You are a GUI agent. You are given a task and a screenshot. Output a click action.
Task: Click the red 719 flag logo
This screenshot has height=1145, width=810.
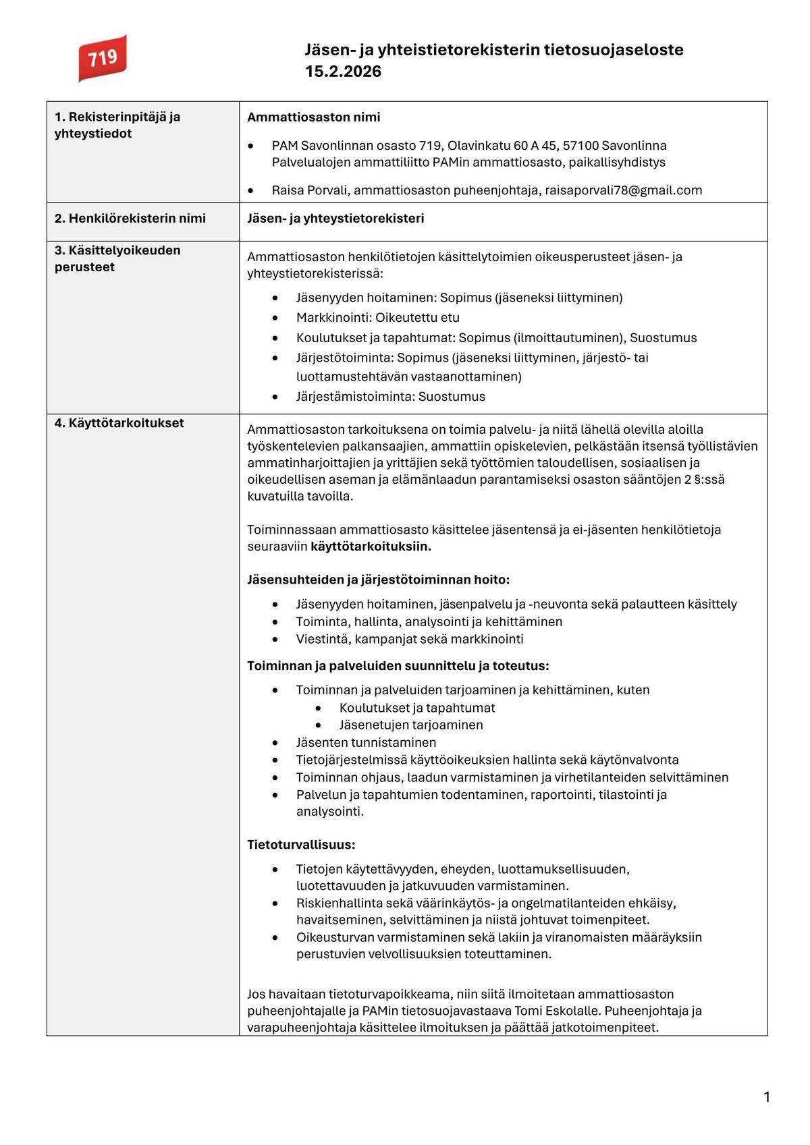coord(102,58)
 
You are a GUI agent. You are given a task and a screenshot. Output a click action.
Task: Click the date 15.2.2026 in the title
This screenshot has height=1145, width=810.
coord(343,72)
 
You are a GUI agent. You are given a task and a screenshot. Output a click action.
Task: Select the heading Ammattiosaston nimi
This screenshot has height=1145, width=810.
coord(313,117)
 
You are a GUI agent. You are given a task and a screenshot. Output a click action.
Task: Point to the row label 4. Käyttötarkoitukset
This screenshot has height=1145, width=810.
coord(119,423)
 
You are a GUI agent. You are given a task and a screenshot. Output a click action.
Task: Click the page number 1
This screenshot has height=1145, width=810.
coord(766,1098)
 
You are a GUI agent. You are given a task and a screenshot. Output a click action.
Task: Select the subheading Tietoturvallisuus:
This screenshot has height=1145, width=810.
coord(301,845)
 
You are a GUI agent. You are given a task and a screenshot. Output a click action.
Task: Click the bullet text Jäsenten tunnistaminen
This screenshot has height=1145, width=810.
coord(366,742)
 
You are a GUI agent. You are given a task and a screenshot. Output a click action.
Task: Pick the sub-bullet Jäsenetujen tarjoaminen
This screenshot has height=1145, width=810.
coord(411,725)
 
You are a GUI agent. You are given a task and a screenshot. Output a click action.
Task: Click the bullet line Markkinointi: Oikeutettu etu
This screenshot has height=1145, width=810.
coord(377,317)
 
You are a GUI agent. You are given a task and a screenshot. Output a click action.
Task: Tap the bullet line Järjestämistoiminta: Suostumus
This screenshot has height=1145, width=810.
coord(390,396)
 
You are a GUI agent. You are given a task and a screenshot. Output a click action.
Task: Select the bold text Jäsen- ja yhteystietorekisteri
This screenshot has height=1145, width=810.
coord(335,218)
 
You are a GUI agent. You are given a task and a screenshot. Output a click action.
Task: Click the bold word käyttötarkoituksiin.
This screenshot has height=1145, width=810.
coord(371,547)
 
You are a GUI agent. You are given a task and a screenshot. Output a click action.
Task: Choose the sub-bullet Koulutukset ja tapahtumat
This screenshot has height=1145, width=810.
coord(417,708)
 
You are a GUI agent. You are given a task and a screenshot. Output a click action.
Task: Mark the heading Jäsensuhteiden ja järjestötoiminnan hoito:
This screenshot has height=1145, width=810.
coord(378,580)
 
